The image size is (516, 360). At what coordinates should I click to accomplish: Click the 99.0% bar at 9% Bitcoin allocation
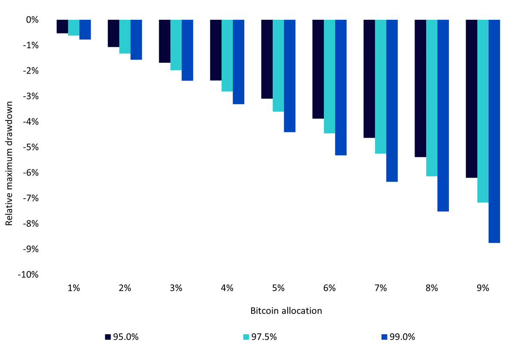(494, 131)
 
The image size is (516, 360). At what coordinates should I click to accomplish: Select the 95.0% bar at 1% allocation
(62, 27)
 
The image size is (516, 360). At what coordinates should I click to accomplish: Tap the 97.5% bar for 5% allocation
(278, 66)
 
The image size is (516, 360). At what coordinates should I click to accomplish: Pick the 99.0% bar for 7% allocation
(392, 101)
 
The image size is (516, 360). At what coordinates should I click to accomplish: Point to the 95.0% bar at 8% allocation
(421, 89)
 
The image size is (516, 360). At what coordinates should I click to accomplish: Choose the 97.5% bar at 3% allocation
(176, 45)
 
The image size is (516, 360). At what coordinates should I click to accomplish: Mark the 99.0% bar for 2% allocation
(136, 40)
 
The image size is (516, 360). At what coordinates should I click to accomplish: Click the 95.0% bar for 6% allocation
(318, 69)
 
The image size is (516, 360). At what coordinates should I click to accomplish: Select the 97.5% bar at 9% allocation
(483, 111)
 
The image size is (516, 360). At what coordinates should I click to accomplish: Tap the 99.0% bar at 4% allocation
(238, 62)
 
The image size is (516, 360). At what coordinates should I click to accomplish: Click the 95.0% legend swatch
(108, 337)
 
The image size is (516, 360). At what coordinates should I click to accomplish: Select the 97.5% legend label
(264, 337)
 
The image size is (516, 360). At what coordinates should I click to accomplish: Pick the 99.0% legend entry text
(402, 337)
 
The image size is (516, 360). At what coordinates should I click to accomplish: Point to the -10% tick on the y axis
(28, 274)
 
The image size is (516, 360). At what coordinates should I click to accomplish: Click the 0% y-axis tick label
(32, 20)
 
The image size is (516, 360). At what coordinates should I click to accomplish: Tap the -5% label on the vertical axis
(31, 147)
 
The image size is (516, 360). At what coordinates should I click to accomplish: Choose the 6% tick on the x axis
(329, 288)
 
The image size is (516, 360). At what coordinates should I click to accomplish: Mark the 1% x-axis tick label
(74, 288)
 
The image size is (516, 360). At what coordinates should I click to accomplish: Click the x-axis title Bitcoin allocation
(286, 311)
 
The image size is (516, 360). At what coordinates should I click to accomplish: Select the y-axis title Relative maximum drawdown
(9, 163)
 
